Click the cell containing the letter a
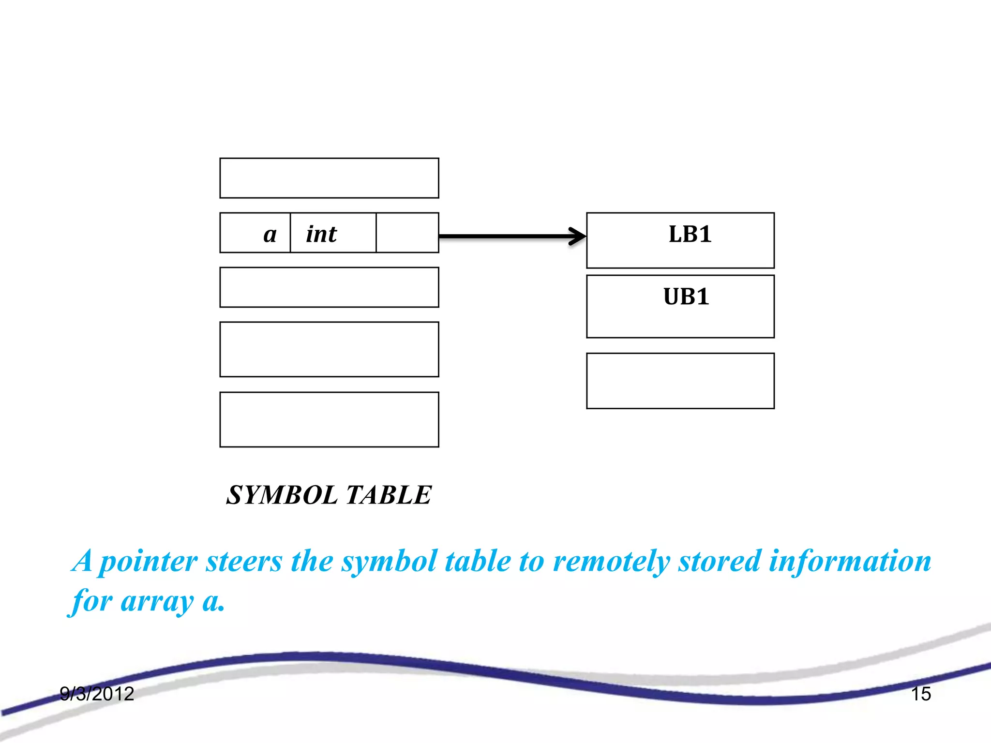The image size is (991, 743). (255, 233)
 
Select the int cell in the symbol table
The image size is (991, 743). (333, 233)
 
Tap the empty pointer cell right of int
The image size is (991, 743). (407, 233)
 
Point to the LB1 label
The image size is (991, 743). (690, 235)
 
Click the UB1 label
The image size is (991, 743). (686, 297)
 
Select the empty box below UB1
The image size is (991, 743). (680, 381)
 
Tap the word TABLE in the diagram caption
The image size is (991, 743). (389, 495)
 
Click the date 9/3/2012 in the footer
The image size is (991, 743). (97, 694)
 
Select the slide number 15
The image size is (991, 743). (921, 694)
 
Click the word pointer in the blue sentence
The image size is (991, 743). (148, 562)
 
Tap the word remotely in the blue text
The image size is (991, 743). (611, 562)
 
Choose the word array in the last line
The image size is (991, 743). (157, 602)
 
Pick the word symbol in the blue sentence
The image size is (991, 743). (389, 562)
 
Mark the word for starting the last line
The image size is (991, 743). (92, 601)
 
